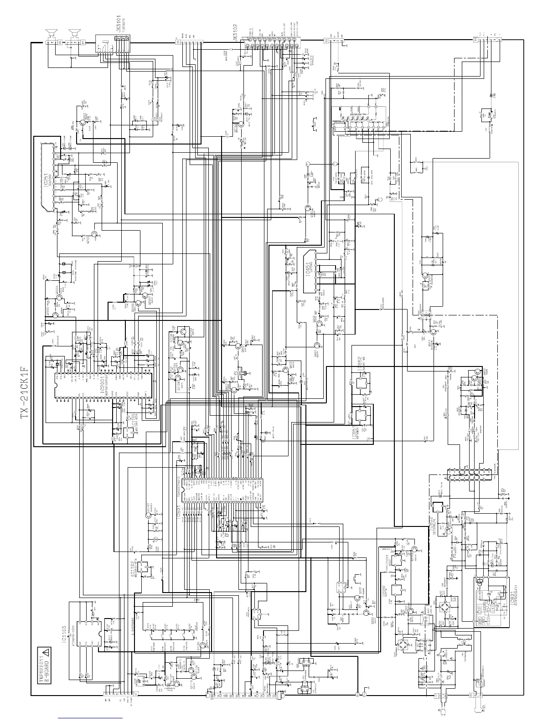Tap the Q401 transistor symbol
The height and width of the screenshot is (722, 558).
[316, 345]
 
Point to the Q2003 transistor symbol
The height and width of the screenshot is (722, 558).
[55, 314]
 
